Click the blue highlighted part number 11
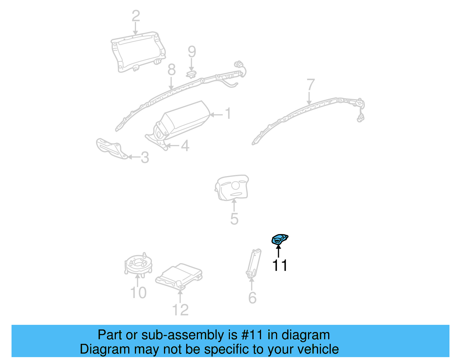(279, 240)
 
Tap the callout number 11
(280, 265)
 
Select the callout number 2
(136, 16)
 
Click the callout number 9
(192, 52)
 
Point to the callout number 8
(171, 70)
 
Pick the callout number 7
(310, 85)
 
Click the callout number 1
(228, 114)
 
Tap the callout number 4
(185, 146)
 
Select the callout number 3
(145, 158)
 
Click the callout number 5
(234, 219)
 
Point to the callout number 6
(252, 298)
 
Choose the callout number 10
(139, 293)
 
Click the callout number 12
(180, 310)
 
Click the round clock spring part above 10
(138, 264)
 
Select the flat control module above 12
(179, 276)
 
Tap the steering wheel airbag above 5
(232, 187)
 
